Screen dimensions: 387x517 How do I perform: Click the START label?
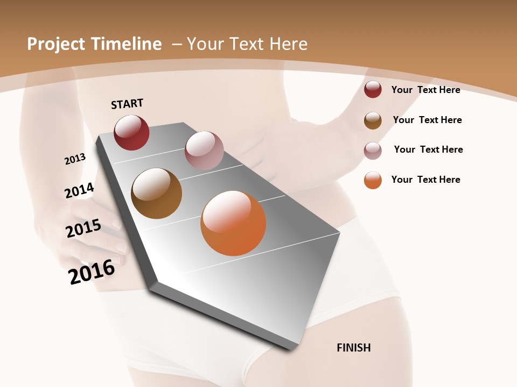(x=127, y=104)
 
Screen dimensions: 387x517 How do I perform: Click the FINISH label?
(x=353, y=348)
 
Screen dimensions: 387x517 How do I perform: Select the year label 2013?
(x=75, y=159)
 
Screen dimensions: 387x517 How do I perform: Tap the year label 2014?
(x=79, y=190)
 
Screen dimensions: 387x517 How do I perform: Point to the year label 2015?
(x=83, y=228)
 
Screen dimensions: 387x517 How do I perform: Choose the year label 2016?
(x=92, y=272)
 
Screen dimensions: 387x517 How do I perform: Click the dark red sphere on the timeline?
(x=131, y=133)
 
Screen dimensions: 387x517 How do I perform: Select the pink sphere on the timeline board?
(x=204, y=150)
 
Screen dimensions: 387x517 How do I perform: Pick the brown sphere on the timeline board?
(x=156, y=193)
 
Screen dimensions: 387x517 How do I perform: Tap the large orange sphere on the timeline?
(x=233, y=223)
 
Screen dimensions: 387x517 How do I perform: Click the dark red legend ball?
(x=373, y=90)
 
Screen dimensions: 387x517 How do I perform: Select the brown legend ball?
(x=373, y=120)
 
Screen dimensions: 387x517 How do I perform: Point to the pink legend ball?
(x=373, y=150)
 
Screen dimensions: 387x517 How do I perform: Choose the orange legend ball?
(x=373, y=180)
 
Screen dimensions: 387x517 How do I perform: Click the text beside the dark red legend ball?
(x=425, y=90)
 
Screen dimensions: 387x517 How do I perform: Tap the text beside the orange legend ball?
(x=425, y=180)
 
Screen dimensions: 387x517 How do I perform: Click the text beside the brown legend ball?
(x=427, y=120)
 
